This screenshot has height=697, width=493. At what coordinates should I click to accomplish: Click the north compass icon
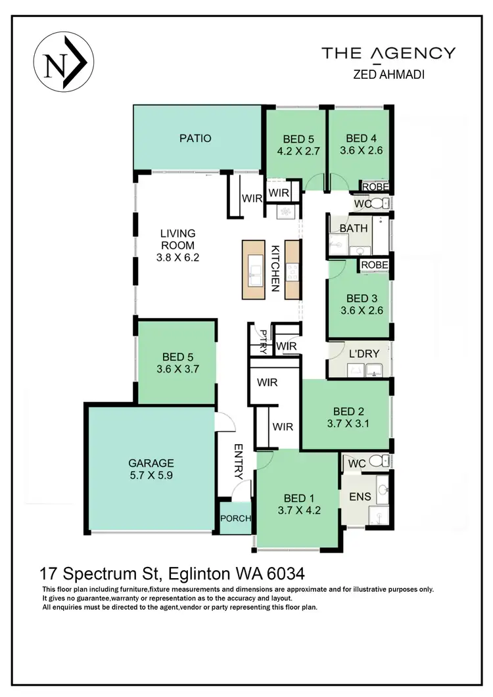[x=64, y=62]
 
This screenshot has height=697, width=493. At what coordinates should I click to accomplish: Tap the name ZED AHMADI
[x=388, y=75]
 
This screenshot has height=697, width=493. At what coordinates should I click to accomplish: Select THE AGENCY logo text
[x=388, y=53]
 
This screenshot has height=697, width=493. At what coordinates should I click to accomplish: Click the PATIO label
[x=195, y=139]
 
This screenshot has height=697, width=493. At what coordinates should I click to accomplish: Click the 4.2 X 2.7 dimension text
[x=298, y=150]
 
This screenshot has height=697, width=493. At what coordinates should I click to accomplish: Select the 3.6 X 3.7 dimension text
[x=176, y=369]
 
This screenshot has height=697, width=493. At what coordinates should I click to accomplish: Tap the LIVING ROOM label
[x=177, y=239]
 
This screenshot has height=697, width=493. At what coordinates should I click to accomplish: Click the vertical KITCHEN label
[x=275, y=268]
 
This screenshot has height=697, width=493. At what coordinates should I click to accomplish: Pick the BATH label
[x=354, y=229]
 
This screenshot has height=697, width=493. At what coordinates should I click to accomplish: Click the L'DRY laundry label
[x=364, y=353]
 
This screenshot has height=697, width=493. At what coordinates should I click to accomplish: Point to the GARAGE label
[x=151, y=462]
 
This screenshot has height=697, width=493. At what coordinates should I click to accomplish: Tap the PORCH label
[x=235, y=518]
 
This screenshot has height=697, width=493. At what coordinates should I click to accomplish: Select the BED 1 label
[x=298, y=497]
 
